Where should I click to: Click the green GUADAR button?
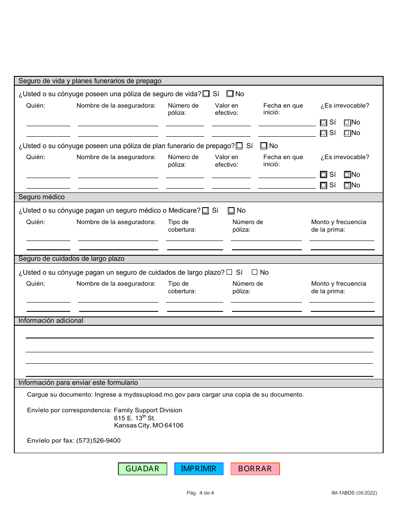(x=142, y=469)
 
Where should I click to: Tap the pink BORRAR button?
(x=255, y=469)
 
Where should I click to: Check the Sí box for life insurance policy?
(x=206, y=94)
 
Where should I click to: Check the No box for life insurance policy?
(x=230, y=94)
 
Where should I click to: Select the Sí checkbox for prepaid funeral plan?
(x=239, y=146)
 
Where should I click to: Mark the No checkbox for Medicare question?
(x=231, y=211)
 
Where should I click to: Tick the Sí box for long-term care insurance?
(x=229, y=273)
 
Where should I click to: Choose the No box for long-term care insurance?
(x=254, y=273)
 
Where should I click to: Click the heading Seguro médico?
(x=42, y=197)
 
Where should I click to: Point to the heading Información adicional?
(x=51, y=321)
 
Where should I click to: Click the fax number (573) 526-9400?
(x=98, y=441)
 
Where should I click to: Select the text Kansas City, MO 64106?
(x=149, y=425)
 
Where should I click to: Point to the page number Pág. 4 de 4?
(x=200, y=492)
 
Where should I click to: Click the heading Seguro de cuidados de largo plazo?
(x=72, y=259)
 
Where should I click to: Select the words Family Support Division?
(x=148, y=410)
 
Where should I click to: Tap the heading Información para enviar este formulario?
(x=78, y=383)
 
